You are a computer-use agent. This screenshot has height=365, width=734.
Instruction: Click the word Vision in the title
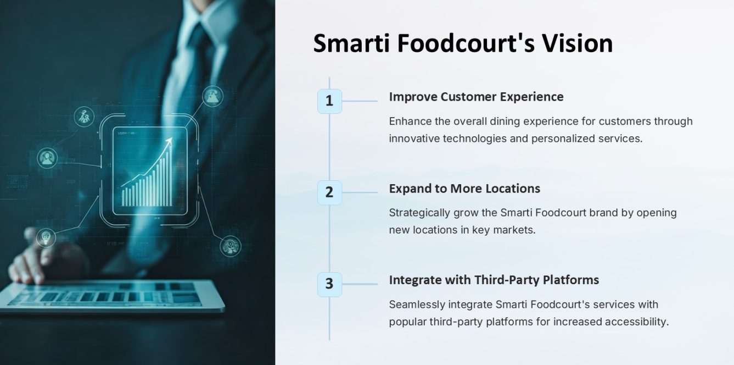click(x=577, y=43)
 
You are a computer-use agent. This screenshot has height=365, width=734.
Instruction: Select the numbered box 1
click(x=329, y=101)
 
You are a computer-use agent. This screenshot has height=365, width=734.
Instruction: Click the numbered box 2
click(x=329, y=193)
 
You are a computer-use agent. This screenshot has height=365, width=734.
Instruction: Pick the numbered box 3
click(x=329, y=284)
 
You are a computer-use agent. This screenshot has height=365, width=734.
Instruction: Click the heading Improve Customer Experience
click(x=476, y=97)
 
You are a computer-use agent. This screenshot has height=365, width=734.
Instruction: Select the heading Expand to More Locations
click(x=464, y=189)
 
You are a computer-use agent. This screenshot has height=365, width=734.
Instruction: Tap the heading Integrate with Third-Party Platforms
click(x=494, y=280)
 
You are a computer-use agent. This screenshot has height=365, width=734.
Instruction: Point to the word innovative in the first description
click(x=414, y=139)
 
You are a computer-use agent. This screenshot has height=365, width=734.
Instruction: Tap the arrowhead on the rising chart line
click(x=169, y=141)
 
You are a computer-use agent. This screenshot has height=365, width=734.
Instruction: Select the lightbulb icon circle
click(x=46, y=238)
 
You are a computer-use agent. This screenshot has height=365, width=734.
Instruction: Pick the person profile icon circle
click(x=47, y=158)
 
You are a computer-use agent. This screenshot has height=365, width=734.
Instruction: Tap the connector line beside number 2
click(x=360, y=193)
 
